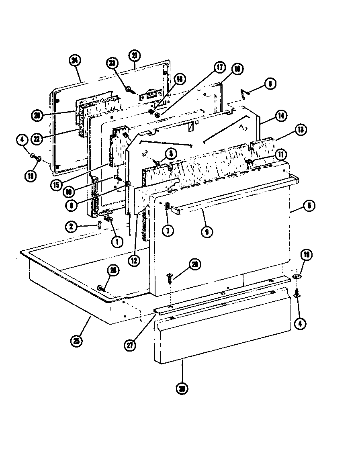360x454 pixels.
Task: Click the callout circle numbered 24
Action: pos(75,61)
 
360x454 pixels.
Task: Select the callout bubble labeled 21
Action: pos(134,55)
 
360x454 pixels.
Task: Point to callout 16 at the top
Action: pos(237,69)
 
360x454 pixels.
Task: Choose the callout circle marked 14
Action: pos(280,116)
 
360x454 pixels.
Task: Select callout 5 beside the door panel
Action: pos(309,206)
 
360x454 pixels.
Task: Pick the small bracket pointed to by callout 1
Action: pos(108,219)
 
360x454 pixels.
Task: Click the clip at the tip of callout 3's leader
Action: pos(158,163)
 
